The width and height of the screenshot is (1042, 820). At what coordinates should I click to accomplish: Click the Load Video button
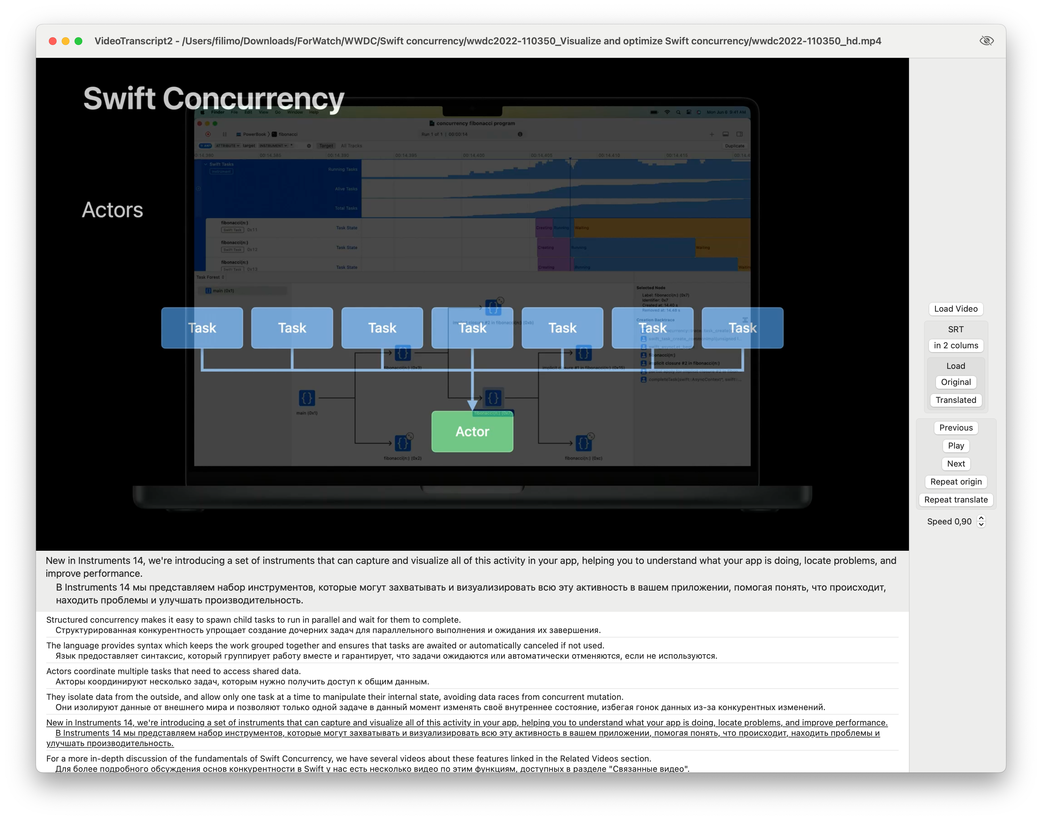pyautogui.click(x=956, y=309)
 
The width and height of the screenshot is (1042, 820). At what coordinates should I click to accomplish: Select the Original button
pyautogui.click(x=956, y=382)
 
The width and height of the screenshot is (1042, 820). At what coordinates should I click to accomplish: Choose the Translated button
pyautogui.click(x=956, y=400)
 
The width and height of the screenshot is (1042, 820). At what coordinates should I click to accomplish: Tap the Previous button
pyautogui.click(x=956, y=428)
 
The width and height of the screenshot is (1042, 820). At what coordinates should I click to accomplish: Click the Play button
pyautogui.click(x=956, y=446)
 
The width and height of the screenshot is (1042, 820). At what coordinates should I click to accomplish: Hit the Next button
pyautogui.click(x=956, y=464)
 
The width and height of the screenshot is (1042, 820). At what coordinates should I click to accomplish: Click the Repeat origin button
pyautogui.click(x=956, y=482)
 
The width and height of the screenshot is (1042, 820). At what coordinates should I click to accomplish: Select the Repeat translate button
pyautogui.click(x=956, y=500)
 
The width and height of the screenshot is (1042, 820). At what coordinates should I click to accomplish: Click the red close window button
pyautogui.click(x=53, y=41)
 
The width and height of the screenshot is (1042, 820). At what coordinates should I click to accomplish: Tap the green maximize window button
pyautogui.click(x=78, y=41)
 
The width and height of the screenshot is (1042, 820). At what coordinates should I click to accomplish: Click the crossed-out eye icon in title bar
pyautogui.click(x=986, y=41)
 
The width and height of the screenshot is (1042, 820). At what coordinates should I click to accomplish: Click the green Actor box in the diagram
pyautogui.click(x=472, y=432)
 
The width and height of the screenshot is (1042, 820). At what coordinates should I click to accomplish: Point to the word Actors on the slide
pyautogui.click(x=112, y=210)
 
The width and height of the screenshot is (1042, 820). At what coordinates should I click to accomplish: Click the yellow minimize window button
pyautogui.click(x=66, y=41)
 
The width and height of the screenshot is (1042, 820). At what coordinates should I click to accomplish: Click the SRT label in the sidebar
pyautogui.click(x=956, y=329)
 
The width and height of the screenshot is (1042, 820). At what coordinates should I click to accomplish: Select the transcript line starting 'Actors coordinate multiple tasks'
pyautogui.click(x=173, y=671)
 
